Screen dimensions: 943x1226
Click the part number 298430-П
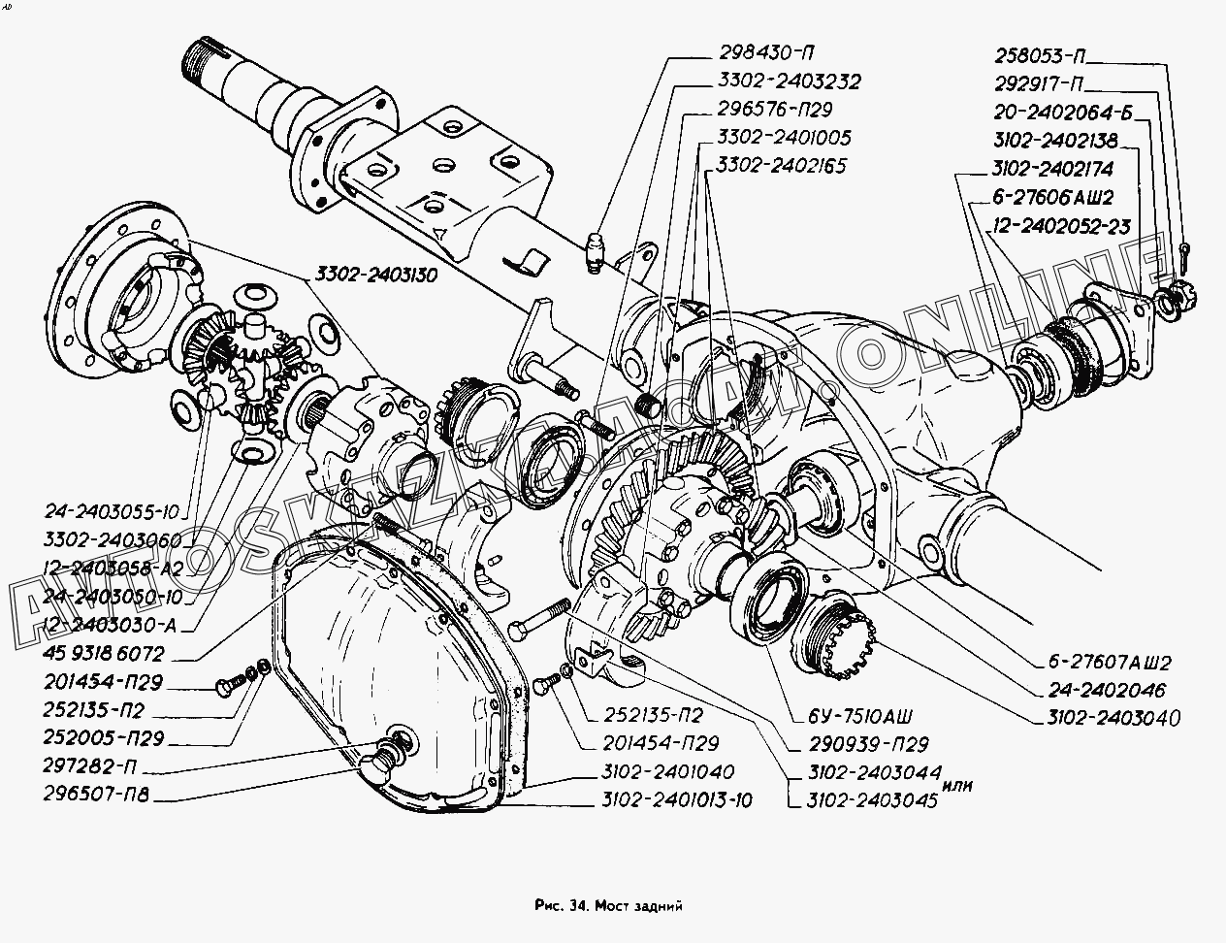767,54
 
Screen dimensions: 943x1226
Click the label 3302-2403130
373,276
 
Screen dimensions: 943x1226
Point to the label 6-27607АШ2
1108,664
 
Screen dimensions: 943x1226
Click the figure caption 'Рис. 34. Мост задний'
608,905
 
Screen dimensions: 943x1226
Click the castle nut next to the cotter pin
1179,289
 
